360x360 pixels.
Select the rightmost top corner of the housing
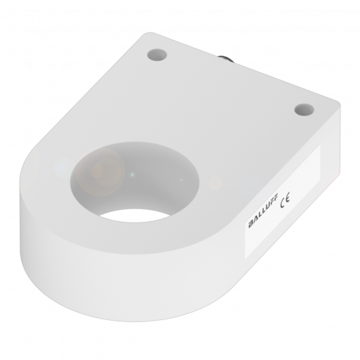338,102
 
